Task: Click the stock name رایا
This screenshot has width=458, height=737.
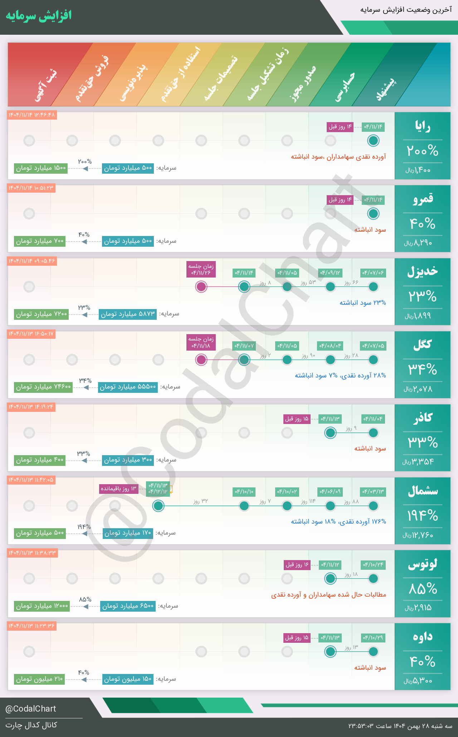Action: pos(423,126)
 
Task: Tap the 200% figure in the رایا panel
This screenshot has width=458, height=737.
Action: pos(423,151)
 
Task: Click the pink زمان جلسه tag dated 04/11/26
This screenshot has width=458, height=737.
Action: pos(201,270)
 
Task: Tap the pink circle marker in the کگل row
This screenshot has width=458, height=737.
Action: pos(201,360)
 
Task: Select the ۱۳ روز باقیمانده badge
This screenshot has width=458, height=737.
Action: pos(119,489)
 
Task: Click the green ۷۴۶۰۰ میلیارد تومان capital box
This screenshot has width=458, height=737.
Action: pos(43,387)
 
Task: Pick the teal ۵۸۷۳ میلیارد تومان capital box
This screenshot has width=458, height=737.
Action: pos(128,314)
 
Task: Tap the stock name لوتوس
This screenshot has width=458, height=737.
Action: pos(423,564)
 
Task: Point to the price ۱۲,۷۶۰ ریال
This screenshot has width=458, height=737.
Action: pos(418,535)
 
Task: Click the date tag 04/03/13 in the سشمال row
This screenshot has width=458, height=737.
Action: pos(373,492)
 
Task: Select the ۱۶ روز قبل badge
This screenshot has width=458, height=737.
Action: pos(297,565)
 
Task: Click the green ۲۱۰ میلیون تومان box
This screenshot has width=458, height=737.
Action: pos(39,679)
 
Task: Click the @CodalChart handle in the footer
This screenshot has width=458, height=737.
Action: pos(31,709)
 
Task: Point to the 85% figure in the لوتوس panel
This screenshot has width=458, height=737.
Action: pos(423,589)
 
